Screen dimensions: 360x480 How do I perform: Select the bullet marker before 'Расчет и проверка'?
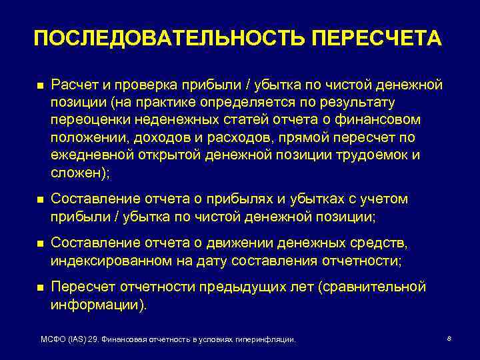[39, 87]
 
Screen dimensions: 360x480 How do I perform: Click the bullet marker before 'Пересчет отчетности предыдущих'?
[39, 287]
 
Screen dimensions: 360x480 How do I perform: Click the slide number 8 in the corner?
[449, 339]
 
